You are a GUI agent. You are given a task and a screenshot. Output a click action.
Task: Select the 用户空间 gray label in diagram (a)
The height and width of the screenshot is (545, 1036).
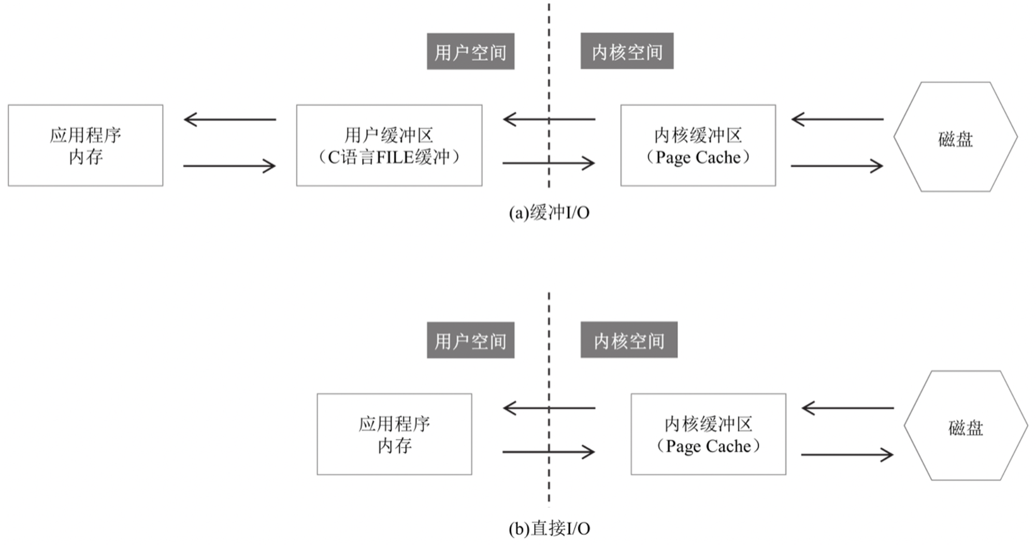coord(470,51)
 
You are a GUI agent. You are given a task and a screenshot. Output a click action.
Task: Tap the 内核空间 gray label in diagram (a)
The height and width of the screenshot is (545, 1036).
coord(627,51)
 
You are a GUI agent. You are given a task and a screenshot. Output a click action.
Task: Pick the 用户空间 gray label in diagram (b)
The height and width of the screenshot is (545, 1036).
coord(470,340)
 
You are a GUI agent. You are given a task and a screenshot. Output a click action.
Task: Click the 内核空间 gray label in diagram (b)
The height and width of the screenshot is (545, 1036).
coord(629,340)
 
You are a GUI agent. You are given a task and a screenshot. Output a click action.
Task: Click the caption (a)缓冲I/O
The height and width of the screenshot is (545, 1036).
coord(549,213)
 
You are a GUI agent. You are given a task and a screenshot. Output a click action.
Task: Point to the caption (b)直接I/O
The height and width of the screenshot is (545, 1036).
coord(549,528)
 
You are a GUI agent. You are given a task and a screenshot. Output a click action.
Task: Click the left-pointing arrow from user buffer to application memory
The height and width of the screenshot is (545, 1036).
coord(230,120)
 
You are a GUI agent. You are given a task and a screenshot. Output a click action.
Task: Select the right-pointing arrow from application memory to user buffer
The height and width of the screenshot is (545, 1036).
coord(229,166)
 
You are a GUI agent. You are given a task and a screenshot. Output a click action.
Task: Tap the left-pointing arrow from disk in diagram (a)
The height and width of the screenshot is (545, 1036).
coord(838,120)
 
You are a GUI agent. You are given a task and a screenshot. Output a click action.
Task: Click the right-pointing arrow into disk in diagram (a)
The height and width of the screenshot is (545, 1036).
coord(837,166)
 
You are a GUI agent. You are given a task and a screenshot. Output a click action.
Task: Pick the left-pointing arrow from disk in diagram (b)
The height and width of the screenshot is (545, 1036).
coord(848,408)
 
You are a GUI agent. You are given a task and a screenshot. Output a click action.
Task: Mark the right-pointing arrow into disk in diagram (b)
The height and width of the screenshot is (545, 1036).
coord(847,455)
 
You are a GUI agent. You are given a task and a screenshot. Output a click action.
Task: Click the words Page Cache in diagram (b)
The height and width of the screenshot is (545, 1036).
coord(708,446)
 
